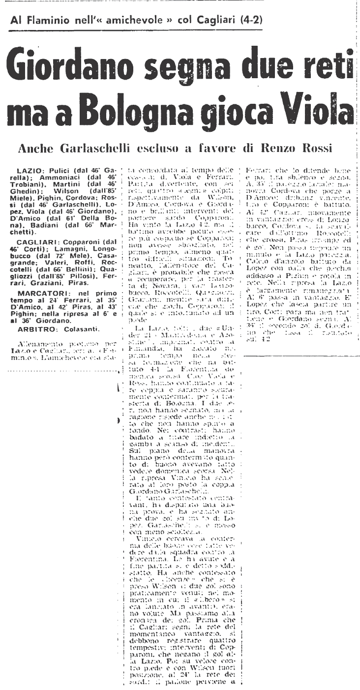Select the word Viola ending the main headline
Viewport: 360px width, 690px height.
314,107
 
